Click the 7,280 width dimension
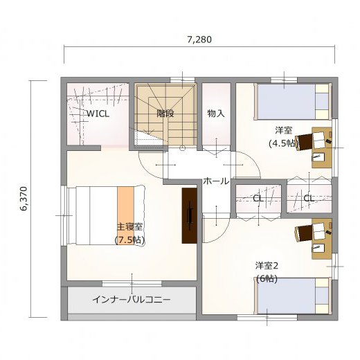click(199, 39)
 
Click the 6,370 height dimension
click(24, 199)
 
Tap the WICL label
click(98, 114)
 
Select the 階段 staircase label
click(165, 114)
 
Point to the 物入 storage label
click(216, 114)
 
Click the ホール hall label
click(216, 181)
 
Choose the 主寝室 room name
click(129, 227)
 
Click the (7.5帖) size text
click(129, 240)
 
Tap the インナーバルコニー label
click(132, 300)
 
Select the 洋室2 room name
click(267, 266)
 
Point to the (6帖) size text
click(267, 279)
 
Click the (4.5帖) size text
click(283, 143)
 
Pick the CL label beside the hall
click(258, 198)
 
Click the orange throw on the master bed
click(125, 215)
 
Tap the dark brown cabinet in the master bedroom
click(189, 215)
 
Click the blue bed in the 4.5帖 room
click(293, 102)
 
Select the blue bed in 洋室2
click(293, 296)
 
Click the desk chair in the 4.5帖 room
click(304, 142)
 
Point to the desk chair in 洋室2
click(304, 233)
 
